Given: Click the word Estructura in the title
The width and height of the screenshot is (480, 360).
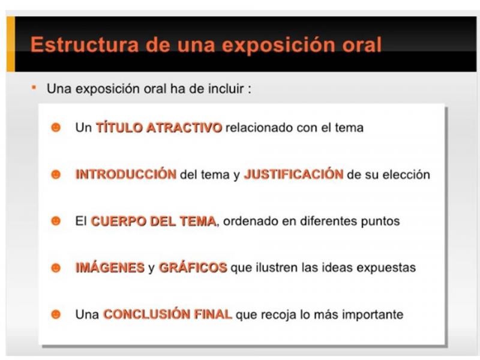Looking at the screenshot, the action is (x=85, y=44).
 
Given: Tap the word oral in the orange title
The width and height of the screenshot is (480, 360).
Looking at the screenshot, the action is (x=362, y=44).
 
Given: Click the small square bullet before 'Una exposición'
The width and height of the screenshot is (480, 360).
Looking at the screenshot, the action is (x=34, y=88).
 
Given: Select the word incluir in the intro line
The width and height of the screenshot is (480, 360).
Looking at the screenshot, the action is (x=226, y=89).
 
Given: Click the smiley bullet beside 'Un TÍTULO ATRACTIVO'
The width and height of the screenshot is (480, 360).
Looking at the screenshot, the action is (x=56, y=127).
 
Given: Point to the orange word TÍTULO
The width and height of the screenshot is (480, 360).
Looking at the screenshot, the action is (x=119, y=127).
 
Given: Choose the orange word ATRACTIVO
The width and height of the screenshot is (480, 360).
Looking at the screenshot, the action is (x=184, y=128).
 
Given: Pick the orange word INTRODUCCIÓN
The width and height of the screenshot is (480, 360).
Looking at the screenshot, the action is (x=126, y=174).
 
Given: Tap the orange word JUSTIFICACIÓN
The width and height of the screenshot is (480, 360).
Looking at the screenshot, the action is (x=293, y=174).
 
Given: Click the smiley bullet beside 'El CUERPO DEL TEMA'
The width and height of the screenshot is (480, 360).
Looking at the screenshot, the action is (x=56, y=221).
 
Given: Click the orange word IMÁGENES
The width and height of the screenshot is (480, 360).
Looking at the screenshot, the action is (x=110, y=268).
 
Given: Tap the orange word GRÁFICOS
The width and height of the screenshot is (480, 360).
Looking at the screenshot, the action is (x=193, y=268).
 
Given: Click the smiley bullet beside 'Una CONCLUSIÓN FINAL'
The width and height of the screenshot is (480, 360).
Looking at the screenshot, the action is (x=56, y=314).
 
